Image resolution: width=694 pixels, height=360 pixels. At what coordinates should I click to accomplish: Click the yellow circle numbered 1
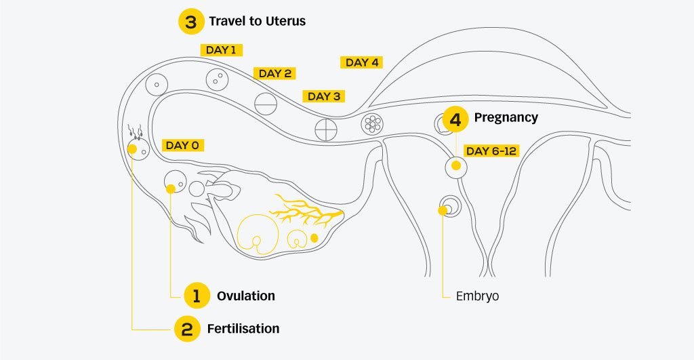tap(197, 296)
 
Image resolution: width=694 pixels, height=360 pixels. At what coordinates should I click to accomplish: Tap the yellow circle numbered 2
tap(186, 329)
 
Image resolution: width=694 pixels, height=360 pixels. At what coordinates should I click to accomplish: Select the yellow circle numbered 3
tap(190, 21)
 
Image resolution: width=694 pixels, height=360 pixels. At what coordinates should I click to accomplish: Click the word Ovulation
tap(245, 296)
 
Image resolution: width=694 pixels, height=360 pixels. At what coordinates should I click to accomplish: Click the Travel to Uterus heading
tap(257, 21)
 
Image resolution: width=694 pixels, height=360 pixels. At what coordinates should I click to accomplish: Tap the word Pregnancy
tap(506, 117)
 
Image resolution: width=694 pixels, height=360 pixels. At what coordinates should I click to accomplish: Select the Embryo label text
tap(477, 296)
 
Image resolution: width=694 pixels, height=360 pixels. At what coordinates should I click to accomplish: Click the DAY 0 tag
tap(182, 145)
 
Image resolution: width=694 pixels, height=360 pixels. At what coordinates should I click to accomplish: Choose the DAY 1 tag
tap(222, 49)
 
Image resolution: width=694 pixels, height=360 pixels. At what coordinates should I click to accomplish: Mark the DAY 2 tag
tap(274, 73)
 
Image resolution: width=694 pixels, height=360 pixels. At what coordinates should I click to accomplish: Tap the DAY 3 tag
tap(324, 96)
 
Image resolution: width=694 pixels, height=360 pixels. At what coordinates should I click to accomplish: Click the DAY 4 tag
tap(362, 62)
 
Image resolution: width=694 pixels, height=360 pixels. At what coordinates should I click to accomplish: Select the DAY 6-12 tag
tap(491, 151)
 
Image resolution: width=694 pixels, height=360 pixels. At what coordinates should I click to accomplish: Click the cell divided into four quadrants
tap(326, 127)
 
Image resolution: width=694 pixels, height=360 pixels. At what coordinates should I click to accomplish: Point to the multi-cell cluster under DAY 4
tap(372, 123)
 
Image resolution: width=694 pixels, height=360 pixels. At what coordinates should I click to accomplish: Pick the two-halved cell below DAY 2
tap(266, 103)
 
